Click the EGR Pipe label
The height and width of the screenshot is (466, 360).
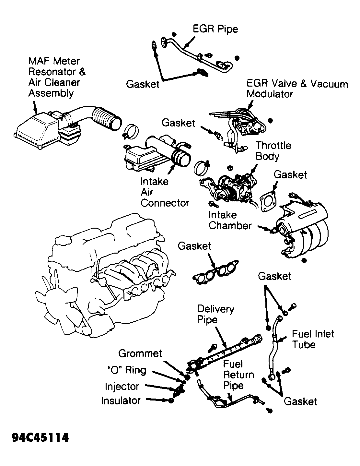coord(215,29)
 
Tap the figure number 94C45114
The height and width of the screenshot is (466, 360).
coord(41,438)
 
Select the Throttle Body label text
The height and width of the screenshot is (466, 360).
coord(273,151)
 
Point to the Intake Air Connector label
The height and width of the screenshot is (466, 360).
coord(164,192)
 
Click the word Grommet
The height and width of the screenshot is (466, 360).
coord(140,353)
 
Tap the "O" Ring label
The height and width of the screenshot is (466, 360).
coord(126,370)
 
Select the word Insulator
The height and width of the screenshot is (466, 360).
coord(121,400)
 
